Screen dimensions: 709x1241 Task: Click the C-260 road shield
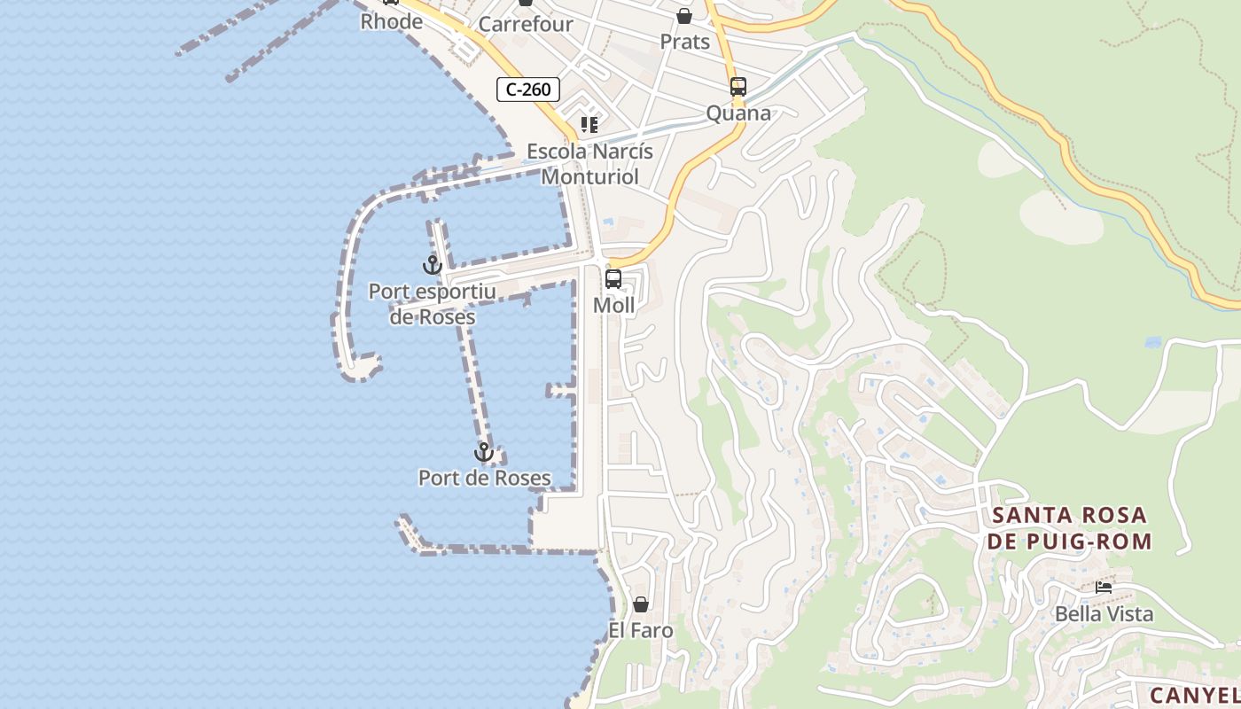pos(528,89)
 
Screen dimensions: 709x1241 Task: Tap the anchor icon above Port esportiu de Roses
pos(432,264)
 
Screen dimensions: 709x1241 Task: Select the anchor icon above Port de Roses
pos(483,452)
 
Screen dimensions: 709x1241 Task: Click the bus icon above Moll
pos(613,279)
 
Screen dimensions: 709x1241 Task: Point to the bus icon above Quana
pos(738,87)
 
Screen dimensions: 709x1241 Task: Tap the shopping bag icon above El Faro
pos(640,604)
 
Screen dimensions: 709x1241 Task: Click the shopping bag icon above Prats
pos(684,16)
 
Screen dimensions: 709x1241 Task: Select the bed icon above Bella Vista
pos(1104,587)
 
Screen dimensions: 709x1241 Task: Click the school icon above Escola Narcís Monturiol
pos(589,125)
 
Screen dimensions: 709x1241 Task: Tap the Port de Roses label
pos(484,479)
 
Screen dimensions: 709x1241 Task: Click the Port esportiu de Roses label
pos(432,304)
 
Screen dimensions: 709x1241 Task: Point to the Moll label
pos(613,306)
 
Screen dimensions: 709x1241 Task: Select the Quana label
pos(738,113)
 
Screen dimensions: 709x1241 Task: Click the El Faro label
pos(640,631)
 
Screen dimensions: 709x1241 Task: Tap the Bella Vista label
pos(1104,613)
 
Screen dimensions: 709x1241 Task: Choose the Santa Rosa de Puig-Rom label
pos(1070,528)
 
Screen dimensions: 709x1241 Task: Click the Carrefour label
pos(526,24)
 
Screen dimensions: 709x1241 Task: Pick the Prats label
pos(685,42)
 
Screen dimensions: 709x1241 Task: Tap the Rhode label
pos(391,21)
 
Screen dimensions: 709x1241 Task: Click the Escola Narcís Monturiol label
pos(589,164)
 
